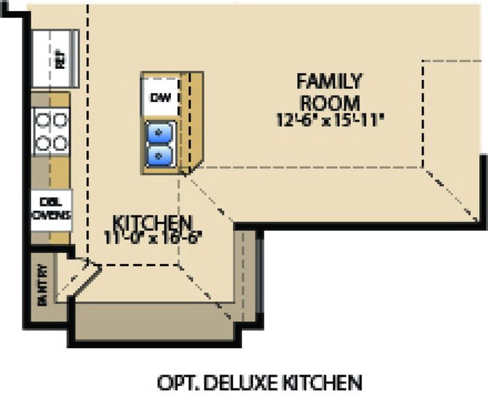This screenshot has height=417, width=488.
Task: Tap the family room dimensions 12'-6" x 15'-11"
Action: (x=330, y=120)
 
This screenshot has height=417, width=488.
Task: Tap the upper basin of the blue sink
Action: (x=161, y=131)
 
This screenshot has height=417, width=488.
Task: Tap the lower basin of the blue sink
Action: (x=161, y=154)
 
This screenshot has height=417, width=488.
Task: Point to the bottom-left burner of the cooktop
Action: (x=43, y=143)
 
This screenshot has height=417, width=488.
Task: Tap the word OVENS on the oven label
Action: (x=51, y=215)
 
